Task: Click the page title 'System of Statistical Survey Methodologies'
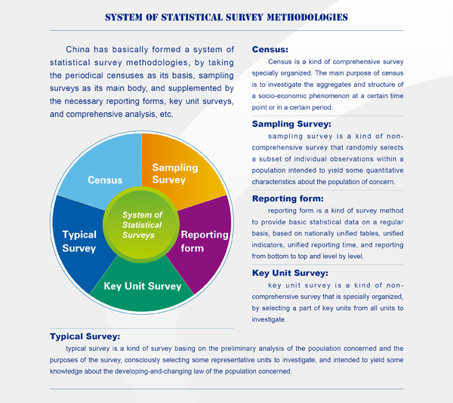(x=226, y=17)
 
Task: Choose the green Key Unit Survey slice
(x=142, y=289)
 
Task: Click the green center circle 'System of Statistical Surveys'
(x=141, y=225)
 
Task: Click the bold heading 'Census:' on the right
(x=270, y=49)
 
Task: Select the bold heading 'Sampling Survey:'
(x=291, y=124)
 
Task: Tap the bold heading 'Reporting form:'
(x=288, y=198)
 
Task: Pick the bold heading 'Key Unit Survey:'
(x=290, y=273)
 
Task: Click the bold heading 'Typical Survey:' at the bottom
(x=85, y=337)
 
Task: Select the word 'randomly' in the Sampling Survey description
(x=362, y=148)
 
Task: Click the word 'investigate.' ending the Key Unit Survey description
(x=269, y=319)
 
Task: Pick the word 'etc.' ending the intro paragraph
(x=166, y=114)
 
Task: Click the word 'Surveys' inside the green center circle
(x=138, y=235)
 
